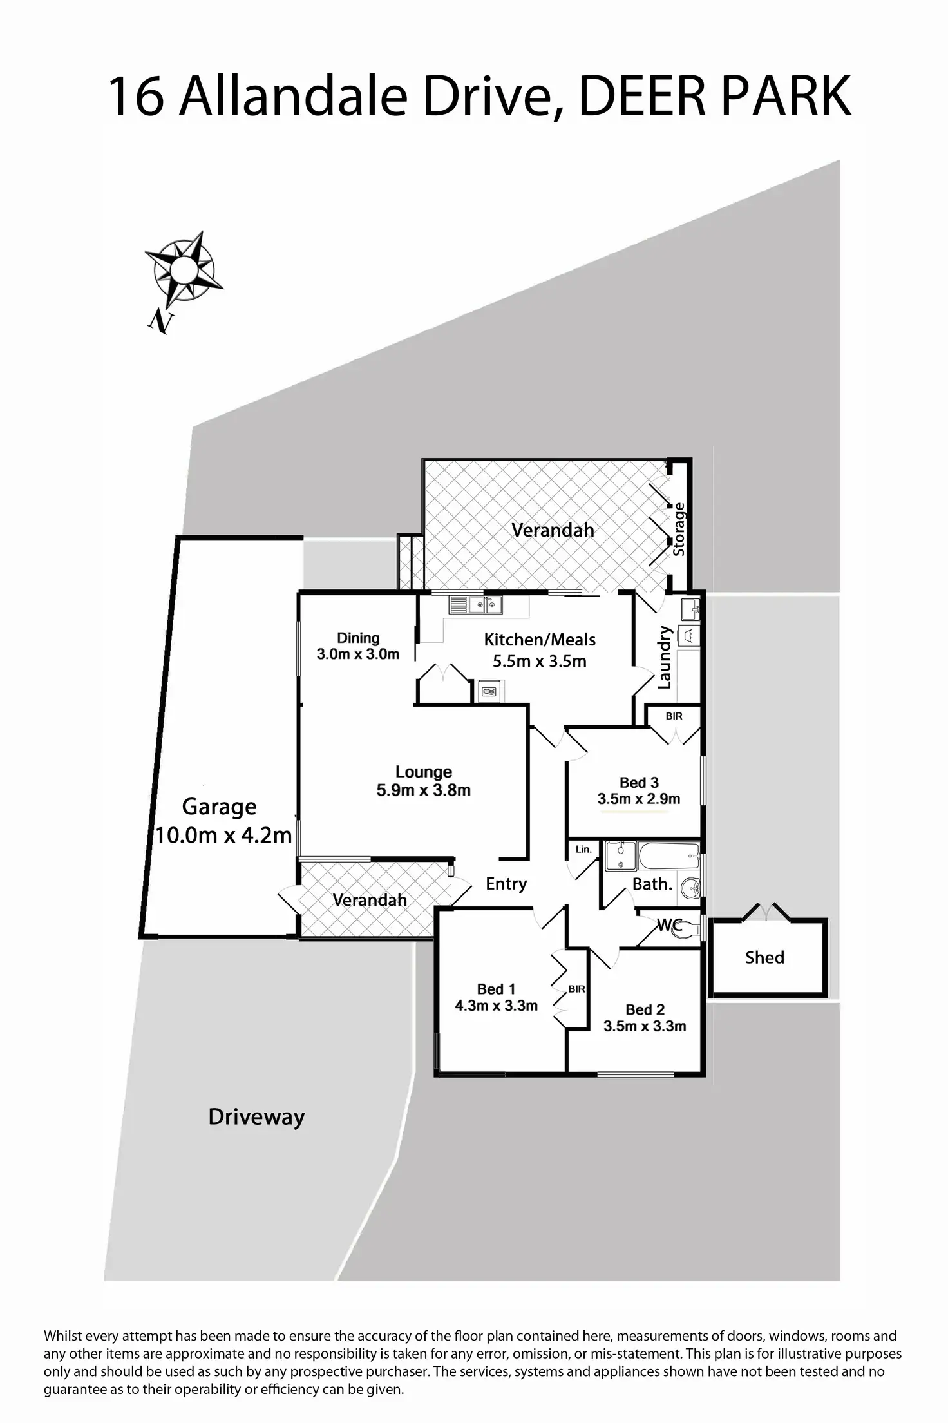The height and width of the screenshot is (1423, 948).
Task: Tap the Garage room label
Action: tap(219, 807)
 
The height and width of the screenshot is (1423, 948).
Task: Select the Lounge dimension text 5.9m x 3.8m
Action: tap(423, 790)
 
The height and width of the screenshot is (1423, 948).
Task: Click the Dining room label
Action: tap(358, 638)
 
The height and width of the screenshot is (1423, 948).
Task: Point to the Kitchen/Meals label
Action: tap(540, 640)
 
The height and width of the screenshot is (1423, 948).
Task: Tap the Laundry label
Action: tap(665, 657)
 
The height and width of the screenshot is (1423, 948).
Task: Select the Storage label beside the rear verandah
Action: tap(679, 529)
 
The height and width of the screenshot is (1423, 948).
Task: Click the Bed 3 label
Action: tap(639, 782)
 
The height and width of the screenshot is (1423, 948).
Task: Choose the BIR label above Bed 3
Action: tap(674, 716)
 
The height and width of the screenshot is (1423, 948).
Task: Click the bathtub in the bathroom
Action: tap(668, 856)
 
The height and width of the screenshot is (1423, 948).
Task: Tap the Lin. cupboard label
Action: tap(583, 849)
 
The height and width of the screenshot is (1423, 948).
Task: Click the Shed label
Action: tap(764, 957)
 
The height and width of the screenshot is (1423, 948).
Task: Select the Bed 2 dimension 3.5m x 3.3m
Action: tap(645, 1026)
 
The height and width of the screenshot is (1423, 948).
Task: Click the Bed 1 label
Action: tap(496, 989)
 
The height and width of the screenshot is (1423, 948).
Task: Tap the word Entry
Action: tap(506, 884)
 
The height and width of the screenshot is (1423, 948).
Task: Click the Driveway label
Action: tap(256, 1116)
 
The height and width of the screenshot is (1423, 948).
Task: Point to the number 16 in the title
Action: tap(135, 97)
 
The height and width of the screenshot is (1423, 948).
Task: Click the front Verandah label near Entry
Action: tap(370, 899)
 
